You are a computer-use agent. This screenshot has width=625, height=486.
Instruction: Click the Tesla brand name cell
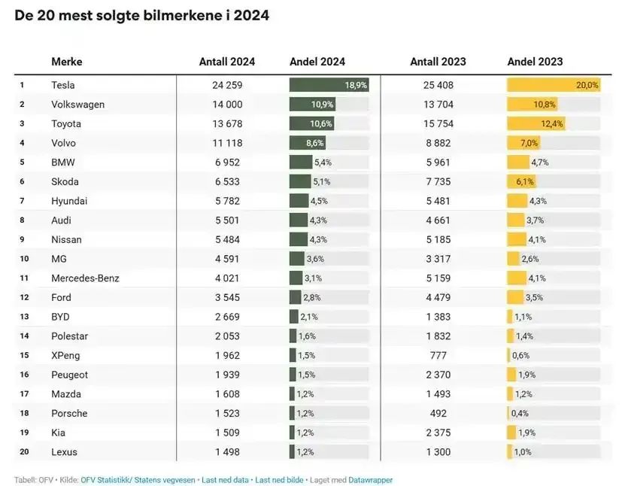pyautogui.click(x=63, y=85)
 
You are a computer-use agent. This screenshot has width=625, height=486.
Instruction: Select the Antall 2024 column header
pyautogui.click(x=226, y=62)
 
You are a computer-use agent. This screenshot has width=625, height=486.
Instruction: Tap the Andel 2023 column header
pyautogui.click(x=535, y=62)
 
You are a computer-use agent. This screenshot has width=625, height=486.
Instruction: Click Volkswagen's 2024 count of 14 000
pyautogui.click(x=227, y=105)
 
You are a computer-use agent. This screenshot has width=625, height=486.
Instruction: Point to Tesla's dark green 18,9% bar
pyautogui.click(x=329, y=85)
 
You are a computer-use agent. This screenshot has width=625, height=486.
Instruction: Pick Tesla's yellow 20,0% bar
pyautogui.click(x=553, y=85)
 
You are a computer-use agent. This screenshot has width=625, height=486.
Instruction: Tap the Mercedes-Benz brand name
pyautogui.click(x=85, y=278)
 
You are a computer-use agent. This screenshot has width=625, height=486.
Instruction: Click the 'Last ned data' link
pyautogui.click(x=226, y=480)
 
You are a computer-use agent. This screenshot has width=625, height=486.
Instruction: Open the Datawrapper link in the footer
pyautogui.click(x=370, y=480)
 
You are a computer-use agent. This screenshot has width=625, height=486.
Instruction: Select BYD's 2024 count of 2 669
pyautogui.click(x=227, y=317)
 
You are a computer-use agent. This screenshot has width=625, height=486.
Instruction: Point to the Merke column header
pyautogui.click(x=67, y=62)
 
